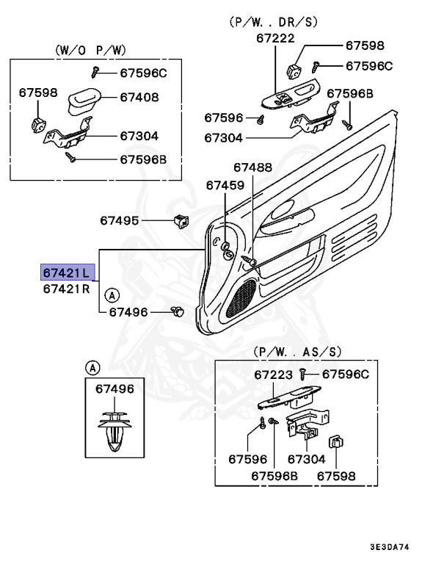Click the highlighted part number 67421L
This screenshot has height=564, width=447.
66,272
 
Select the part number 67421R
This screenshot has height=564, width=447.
66,288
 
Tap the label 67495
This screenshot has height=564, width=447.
120,220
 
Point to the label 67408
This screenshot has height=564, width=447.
140,96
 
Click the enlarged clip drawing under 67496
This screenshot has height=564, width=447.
115,431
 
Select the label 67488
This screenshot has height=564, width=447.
253,167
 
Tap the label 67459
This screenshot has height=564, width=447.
225,185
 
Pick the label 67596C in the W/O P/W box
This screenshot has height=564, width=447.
143,72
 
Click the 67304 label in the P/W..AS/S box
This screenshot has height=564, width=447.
306,459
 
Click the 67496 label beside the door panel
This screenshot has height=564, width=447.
128,312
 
